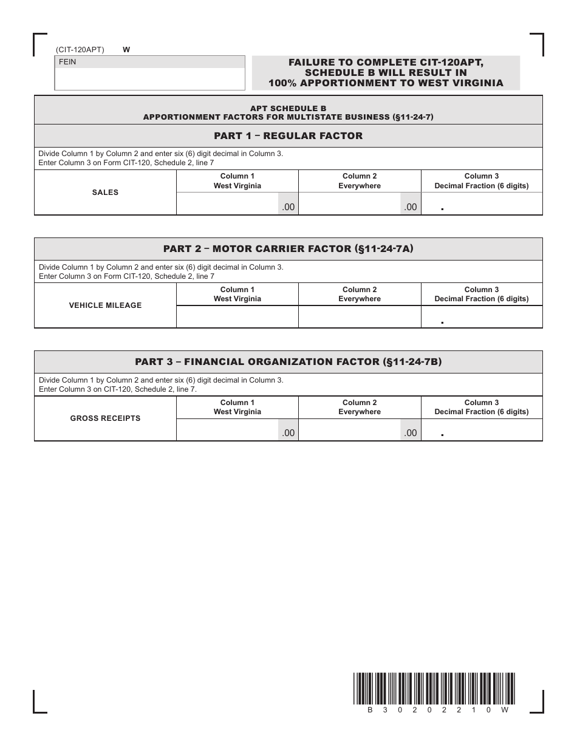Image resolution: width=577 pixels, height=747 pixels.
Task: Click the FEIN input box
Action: [150, 78]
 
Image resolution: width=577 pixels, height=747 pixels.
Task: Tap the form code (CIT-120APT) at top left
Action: [80, 50]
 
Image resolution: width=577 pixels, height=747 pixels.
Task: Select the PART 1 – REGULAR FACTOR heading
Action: [288, 136]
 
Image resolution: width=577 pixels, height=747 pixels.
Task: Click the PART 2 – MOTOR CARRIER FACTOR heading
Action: [288, 249]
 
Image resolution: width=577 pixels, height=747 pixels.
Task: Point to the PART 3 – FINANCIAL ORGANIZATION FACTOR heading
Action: [288, 362]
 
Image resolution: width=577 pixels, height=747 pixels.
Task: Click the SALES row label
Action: [105, 193]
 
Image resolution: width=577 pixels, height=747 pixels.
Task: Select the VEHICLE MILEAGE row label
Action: [105, 305]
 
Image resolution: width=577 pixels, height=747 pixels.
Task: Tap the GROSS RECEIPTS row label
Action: [105, 418]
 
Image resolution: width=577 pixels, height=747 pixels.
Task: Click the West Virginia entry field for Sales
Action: [228, 204]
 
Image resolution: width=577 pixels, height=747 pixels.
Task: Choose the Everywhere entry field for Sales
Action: [350, 204]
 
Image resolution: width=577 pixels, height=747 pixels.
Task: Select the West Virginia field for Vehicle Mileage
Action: [237, 316]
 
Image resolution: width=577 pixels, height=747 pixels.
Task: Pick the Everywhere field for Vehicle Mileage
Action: [360, 316]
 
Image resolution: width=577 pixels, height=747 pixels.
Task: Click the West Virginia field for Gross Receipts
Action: [228, 430]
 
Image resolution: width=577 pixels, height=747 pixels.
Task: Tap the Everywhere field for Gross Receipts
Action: [350, 430]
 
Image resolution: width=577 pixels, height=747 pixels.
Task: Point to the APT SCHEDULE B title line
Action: [288, 108]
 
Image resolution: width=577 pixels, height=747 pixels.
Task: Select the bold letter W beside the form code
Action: [126, 50]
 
